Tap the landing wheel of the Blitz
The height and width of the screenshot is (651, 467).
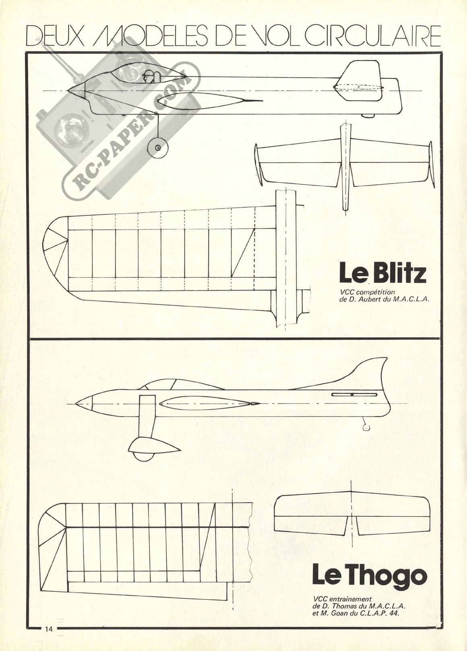[x=157, y=148]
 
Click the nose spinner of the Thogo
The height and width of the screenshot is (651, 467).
[x=84, y=404]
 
